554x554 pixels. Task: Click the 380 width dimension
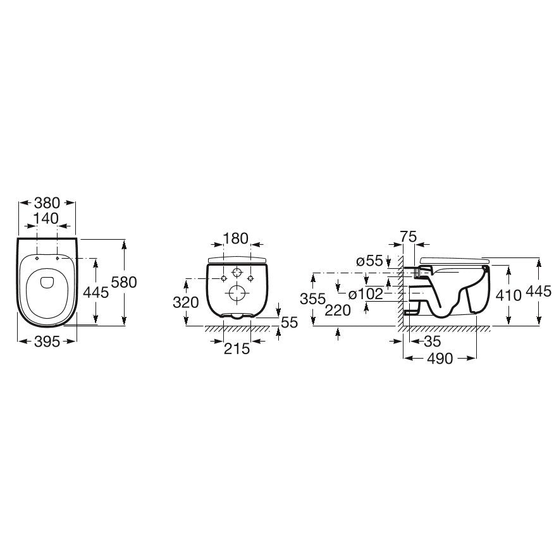coord(47,203)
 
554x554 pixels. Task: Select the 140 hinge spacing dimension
coord(46,219)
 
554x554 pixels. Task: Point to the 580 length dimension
coord(124,282)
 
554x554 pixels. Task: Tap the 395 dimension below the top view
coord(47,342)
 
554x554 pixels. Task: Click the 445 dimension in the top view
coord(95,292)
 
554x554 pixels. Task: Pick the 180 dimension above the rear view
coord(236,239)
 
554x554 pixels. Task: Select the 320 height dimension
coord(186,302)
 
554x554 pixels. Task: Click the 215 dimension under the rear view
coord(237,349)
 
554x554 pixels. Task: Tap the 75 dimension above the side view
coord(409,237)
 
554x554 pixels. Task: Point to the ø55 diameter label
coord(369,261)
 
